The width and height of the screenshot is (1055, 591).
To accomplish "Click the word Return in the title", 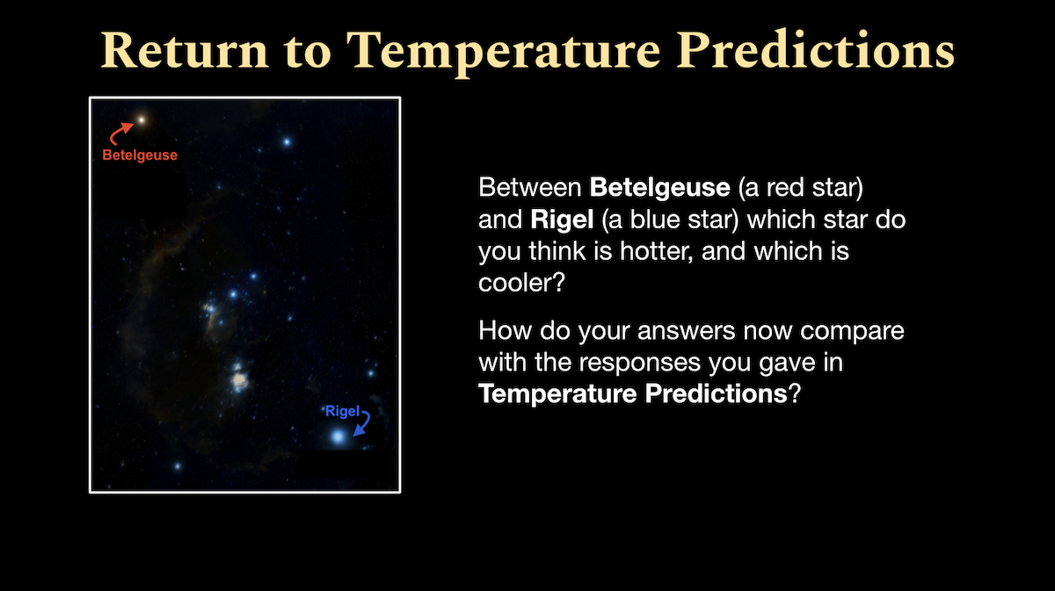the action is (185, 50).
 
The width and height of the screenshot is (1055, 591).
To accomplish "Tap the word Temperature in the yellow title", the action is (503, 52).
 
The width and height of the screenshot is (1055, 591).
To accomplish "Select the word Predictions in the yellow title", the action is (815, 49).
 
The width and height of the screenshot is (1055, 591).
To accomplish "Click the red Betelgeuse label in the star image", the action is (140, 155).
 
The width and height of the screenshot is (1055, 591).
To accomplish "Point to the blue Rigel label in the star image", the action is (342, 412).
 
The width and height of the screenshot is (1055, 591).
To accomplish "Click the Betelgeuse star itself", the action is (141, 120).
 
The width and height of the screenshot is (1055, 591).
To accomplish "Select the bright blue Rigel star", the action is (338, 436).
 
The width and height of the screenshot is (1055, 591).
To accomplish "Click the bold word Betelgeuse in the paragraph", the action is (660, 188).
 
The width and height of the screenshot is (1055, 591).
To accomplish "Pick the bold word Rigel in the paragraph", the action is (562, 220).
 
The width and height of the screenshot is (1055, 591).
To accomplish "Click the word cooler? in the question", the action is (521, 283).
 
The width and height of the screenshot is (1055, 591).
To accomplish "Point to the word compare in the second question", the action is (852, 331).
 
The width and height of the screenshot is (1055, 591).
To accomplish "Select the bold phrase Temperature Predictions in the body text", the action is (632, 393).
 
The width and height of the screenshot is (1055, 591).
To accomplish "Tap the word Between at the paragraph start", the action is (530, 188).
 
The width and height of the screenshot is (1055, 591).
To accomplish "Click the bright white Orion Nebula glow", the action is (239, 379).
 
